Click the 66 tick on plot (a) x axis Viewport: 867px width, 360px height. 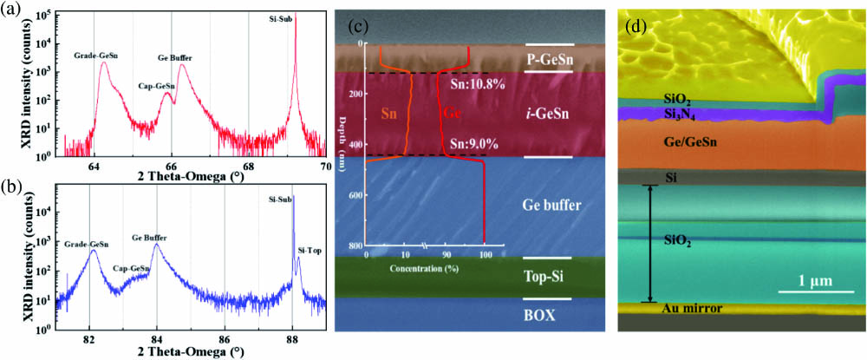(171, 167)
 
